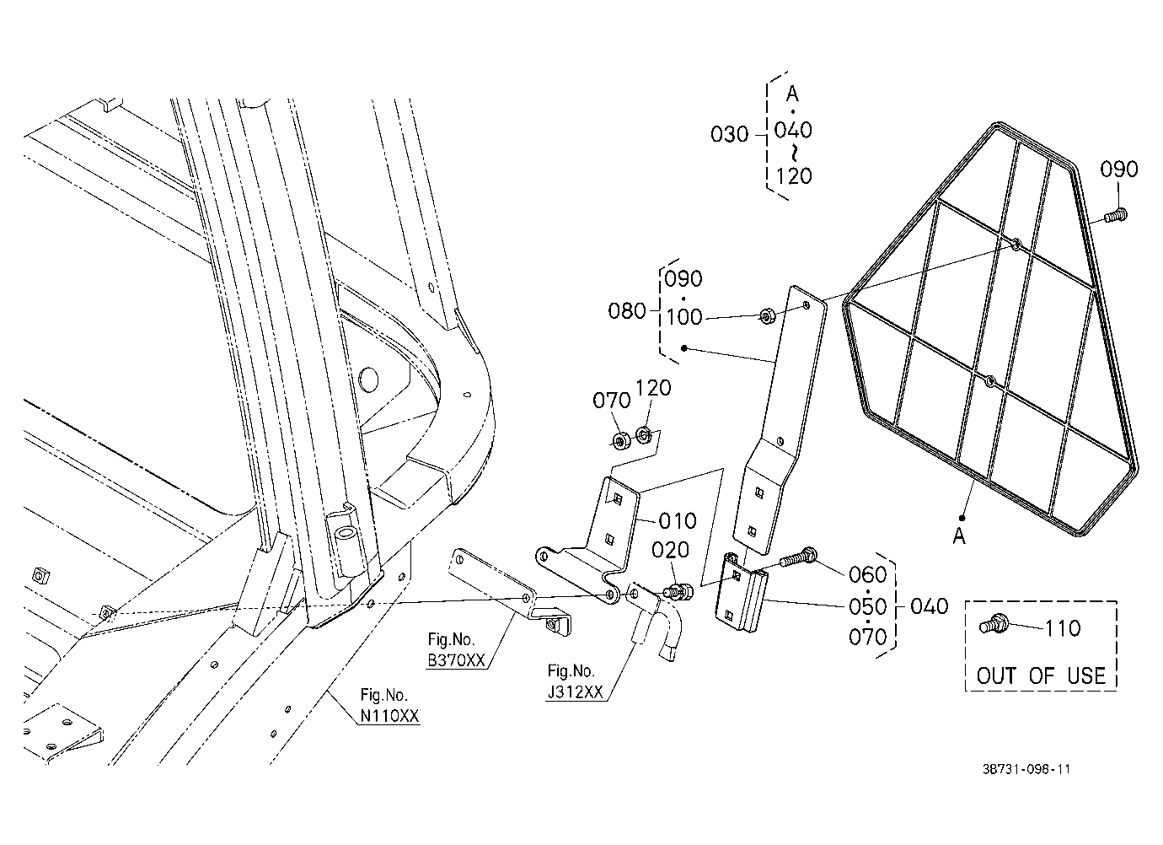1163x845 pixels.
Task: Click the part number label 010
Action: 678,520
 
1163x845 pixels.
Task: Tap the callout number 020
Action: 670,550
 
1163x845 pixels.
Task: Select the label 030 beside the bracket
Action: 730,135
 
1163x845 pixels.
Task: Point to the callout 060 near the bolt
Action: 868,574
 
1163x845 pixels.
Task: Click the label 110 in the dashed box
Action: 1062,629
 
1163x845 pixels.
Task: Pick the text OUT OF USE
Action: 1041,675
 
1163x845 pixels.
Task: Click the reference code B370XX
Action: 457,660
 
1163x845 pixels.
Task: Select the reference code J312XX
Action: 576,692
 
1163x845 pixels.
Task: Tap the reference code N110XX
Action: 390,716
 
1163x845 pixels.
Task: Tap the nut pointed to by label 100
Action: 768,315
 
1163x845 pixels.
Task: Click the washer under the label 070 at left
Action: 621,441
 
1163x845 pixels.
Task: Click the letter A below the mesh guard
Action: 959,536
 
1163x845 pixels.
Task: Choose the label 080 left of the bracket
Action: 627,311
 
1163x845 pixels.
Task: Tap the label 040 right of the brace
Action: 930,606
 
